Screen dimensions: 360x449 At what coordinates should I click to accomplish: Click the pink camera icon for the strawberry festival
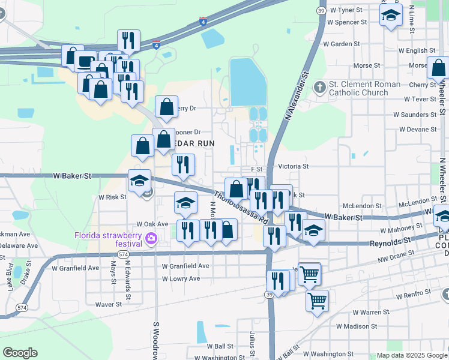(x=151, y=239)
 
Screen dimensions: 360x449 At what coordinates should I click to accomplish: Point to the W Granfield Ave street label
(x=185, y=266)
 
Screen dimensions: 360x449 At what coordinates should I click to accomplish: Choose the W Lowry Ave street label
(x=181, y=279)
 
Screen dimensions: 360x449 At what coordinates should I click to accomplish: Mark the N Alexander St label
(x=297, y=94)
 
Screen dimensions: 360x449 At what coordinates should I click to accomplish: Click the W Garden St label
(x=342, y=44)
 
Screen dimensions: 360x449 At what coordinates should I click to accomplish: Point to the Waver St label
(x=109, y=304)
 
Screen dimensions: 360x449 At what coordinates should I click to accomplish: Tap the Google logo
(x=20, y=353)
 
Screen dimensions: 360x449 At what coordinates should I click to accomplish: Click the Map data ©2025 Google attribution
(x=412, y=355)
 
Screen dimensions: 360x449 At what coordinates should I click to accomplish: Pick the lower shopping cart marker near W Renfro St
(x=317, y=301)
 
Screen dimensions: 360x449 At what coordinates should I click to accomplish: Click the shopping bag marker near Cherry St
(x=439, y=67)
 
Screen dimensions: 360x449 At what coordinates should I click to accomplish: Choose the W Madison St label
(x=357, y=326)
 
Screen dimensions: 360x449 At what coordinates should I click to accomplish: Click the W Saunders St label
(x=414, y=114)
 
